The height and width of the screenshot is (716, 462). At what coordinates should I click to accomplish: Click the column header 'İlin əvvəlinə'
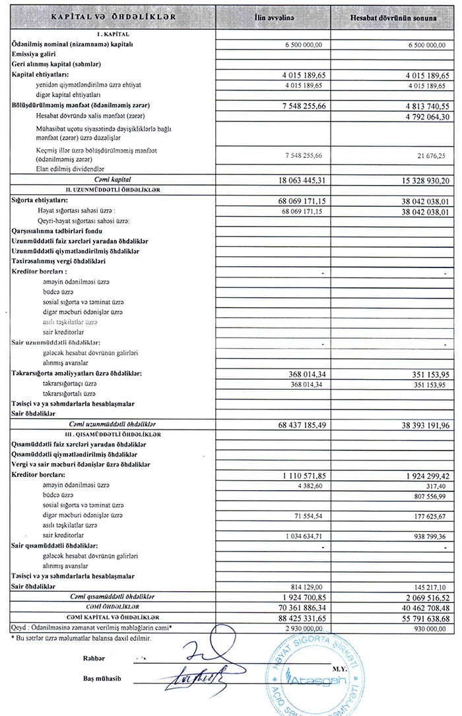(292, 17)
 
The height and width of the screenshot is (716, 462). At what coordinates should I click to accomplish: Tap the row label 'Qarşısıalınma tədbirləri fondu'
(58, 231)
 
